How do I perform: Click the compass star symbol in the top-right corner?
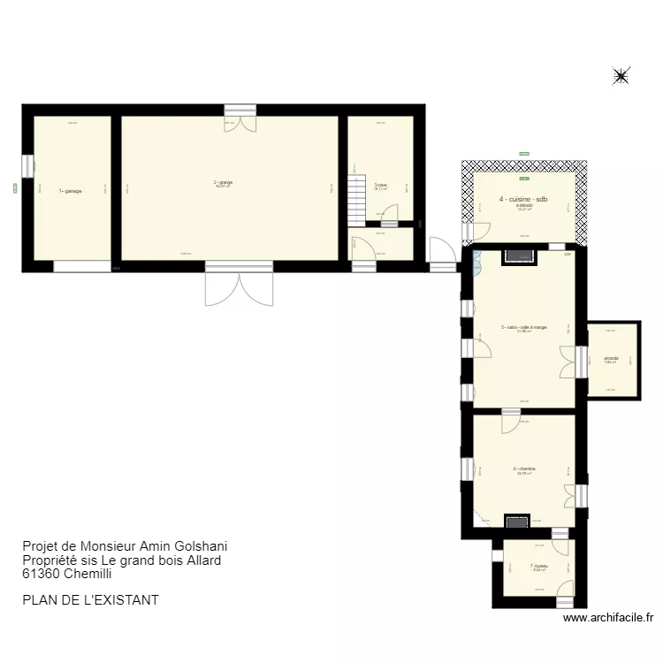tap(621, 77)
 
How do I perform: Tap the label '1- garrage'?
tap(71, 191)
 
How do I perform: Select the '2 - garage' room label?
tap(223, 183)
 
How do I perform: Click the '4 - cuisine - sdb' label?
tap(523, 200)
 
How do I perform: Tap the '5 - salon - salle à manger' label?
tap(524, 328)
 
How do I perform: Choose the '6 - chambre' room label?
tap(524, 469)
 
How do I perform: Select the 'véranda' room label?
tap(611, 358)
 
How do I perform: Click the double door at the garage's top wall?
tap(240, 118)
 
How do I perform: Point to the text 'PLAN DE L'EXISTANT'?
tap(90, 599)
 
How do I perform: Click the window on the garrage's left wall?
tap(27, 166)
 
